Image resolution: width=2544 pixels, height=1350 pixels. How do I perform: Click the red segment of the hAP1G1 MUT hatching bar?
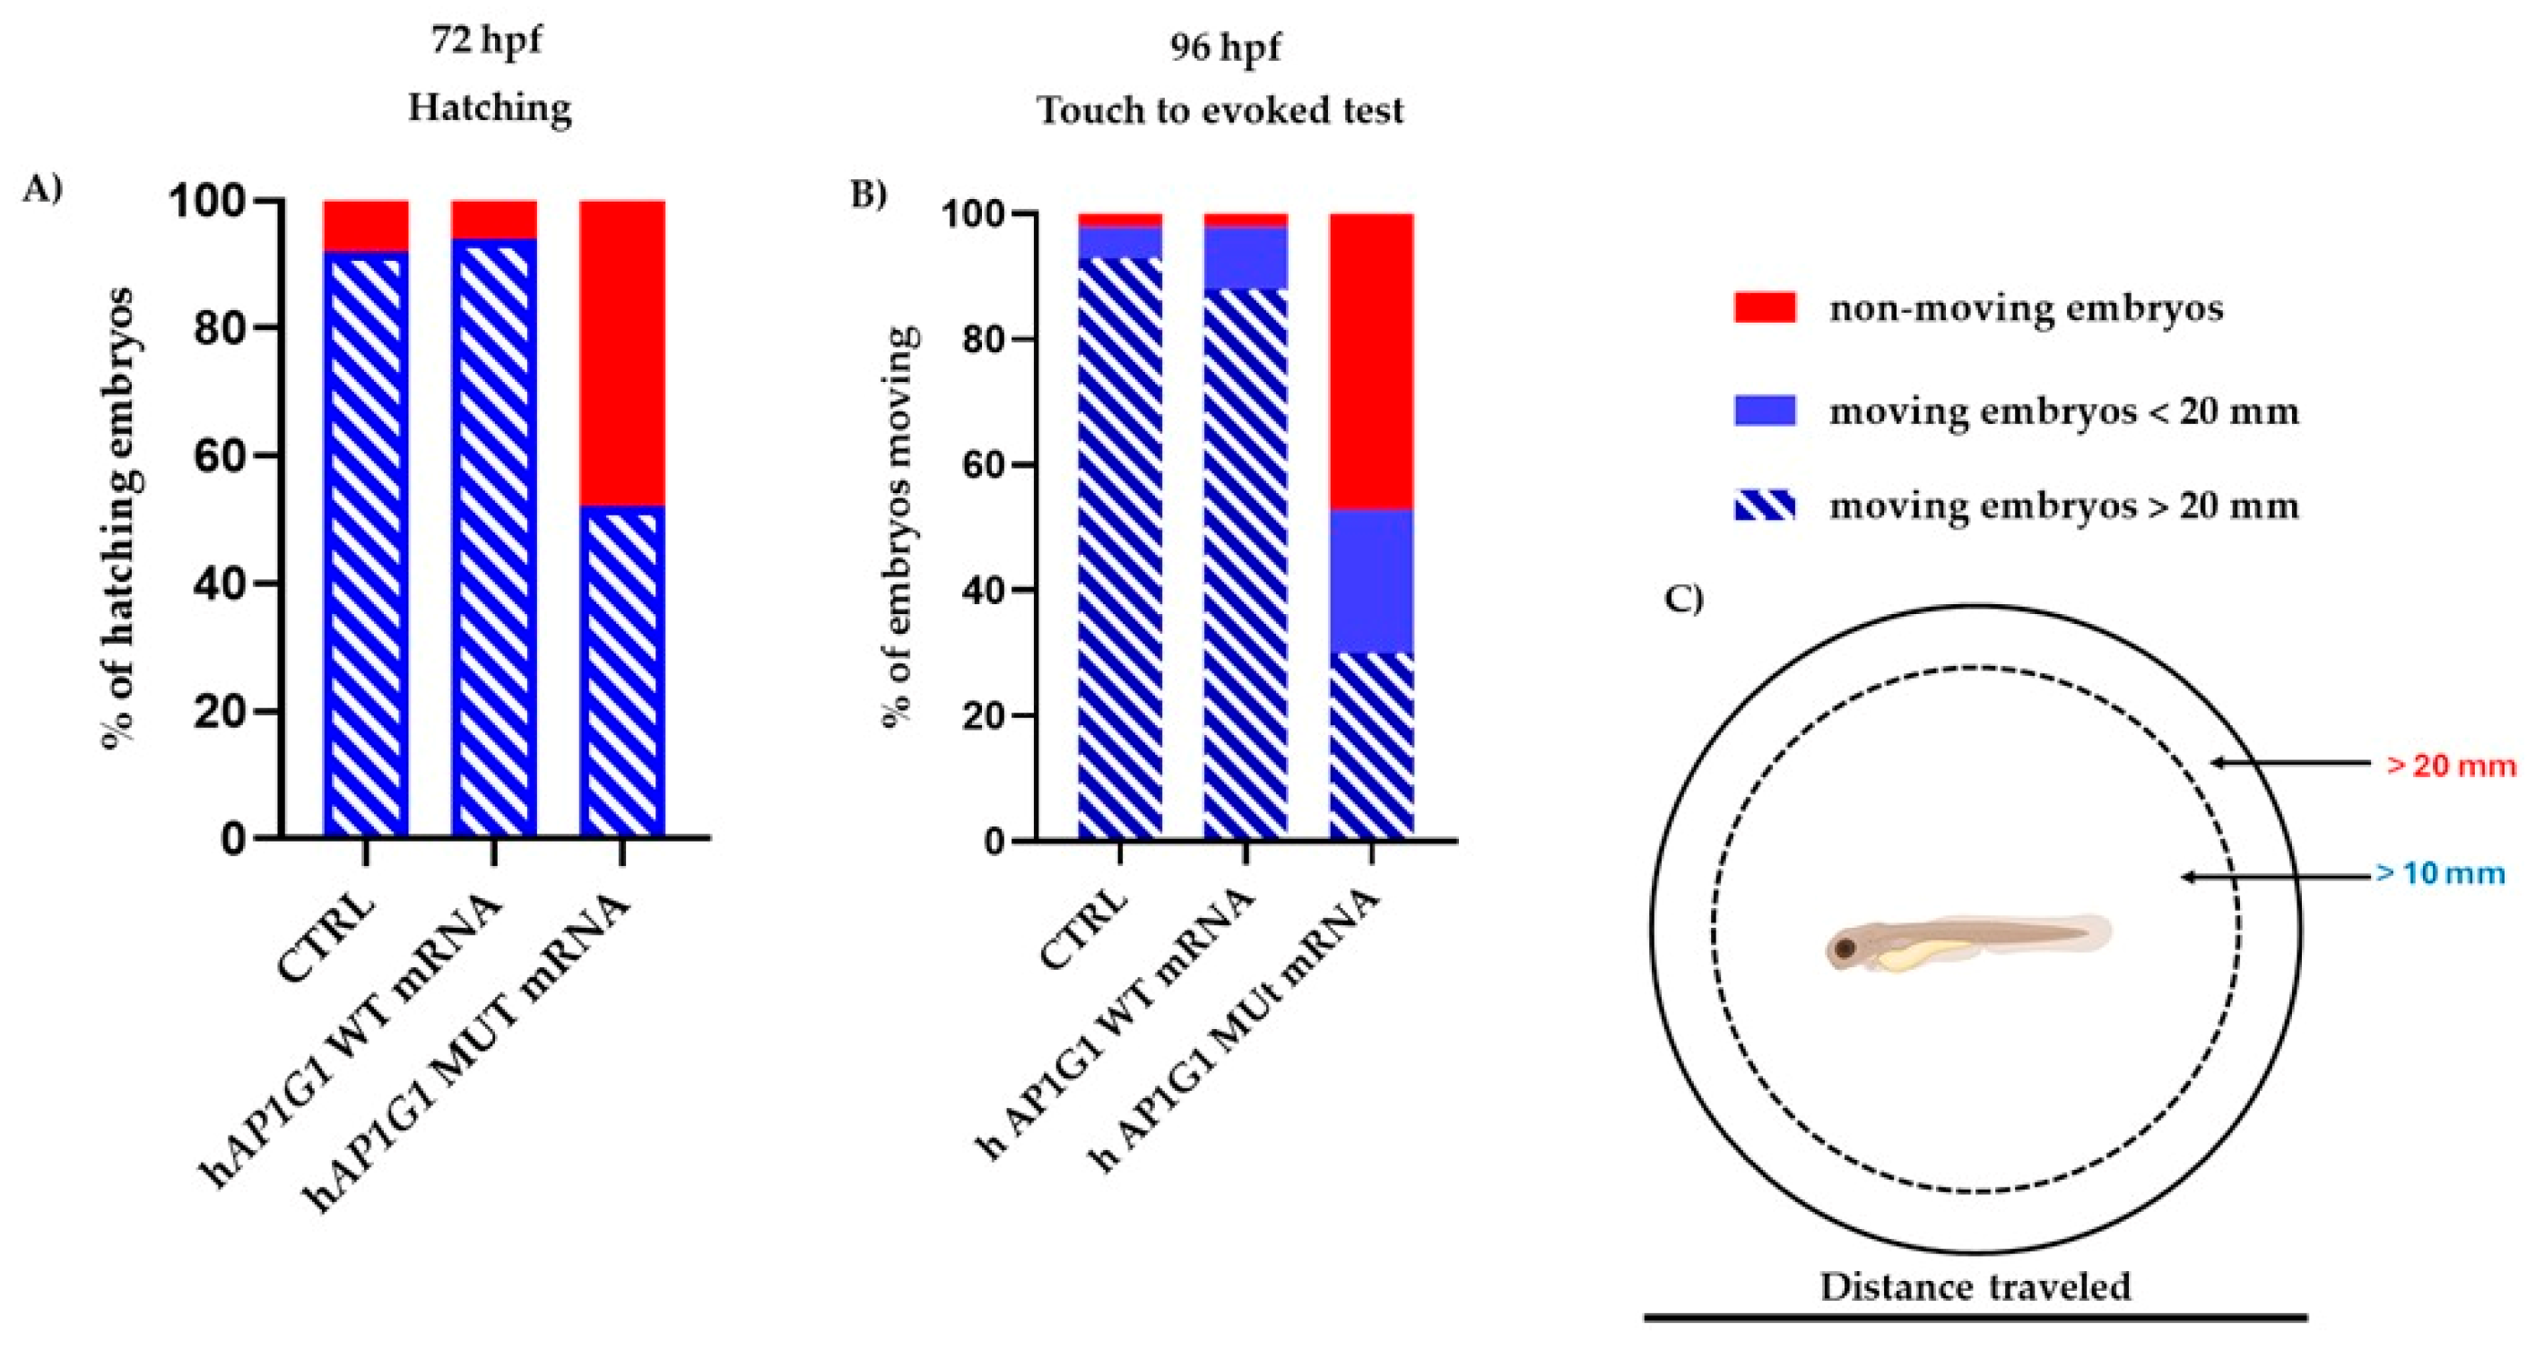pos(622,352)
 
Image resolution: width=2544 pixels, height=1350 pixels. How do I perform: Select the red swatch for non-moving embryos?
pos(1764,307)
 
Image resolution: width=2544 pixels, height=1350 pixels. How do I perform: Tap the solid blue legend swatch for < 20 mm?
pos(1764,410)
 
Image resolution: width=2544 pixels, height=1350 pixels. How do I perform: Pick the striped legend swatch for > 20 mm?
pos(1764,506)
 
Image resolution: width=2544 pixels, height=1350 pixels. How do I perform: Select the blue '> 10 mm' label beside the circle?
pos(2439,874)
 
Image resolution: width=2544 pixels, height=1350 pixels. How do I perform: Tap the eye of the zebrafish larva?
pos(1844,950)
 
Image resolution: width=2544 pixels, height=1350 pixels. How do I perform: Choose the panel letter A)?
pos(42,188)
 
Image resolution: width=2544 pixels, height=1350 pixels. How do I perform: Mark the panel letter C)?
pos(1684,600)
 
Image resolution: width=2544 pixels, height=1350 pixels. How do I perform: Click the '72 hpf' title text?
pos(486,41)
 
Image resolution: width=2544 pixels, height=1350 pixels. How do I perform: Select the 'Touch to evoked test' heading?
pos(1220,109)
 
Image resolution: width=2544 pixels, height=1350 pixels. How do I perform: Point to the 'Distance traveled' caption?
pos(1975,1286)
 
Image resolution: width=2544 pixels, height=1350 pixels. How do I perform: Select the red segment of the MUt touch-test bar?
pos(1372,360)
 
